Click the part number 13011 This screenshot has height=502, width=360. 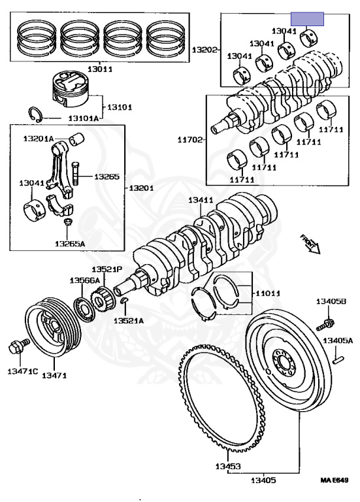[99, 69]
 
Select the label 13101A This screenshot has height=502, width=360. [84, 118]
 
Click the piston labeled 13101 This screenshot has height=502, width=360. [71, 89]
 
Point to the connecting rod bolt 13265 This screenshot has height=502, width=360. [75, 173]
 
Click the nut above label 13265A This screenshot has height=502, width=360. [68, 222]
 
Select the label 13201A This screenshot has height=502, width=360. [39, 139]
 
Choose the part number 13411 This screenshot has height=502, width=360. [201, 201]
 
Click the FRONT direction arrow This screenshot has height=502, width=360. [310, 244]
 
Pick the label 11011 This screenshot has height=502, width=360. [267, 293]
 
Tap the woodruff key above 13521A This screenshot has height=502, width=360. [125, 300]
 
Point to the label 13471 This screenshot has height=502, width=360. [54, 375]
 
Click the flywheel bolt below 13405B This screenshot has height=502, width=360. [325, 324]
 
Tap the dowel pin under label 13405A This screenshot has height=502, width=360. [338, 360]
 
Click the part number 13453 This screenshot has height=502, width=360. [228, 466]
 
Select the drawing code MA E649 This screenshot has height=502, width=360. [335, 480]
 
